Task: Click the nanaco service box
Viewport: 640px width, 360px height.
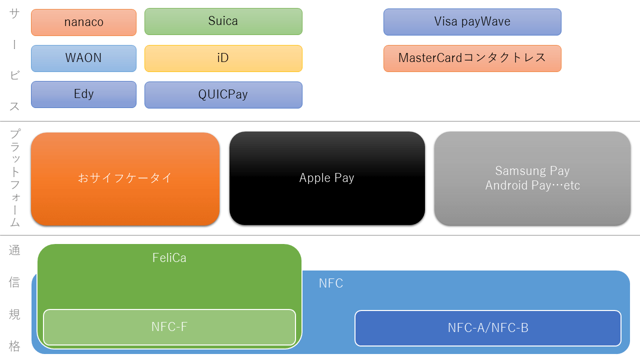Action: pos(83,22)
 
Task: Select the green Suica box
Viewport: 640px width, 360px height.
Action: pos(223,21)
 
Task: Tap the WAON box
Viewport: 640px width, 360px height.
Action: pos(83,58)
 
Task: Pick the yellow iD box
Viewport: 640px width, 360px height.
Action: pos(223,58)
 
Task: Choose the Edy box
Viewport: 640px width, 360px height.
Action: pos(83,94)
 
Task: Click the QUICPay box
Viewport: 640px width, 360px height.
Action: pos(223,95)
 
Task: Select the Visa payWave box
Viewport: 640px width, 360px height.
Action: pos(472,22)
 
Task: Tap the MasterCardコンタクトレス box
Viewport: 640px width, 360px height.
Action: pos(472,58)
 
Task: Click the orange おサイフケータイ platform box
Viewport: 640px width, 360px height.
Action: pos(125,179)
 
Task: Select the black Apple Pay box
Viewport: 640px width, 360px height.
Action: pos(327,178)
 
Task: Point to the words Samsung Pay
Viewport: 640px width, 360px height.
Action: pos(532,171)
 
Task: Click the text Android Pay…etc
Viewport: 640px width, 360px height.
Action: pos(532,185)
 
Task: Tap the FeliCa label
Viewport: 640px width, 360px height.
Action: pos(169,257)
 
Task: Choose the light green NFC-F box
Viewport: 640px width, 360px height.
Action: pos(169,327)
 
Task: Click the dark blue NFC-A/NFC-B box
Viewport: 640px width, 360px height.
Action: pos(488,328)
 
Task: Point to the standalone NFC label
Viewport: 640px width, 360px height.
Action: pos(331,283)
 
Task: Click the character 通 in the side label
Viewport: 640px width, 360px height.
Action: pos(14,250)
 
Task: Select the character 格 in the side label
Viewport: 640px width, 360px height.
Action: pos(14,346)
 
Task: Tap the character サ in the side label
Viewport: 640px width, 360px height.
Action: pos(14,13)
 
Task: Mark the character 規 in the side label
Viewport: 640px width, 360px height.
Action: pos(14,314)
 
